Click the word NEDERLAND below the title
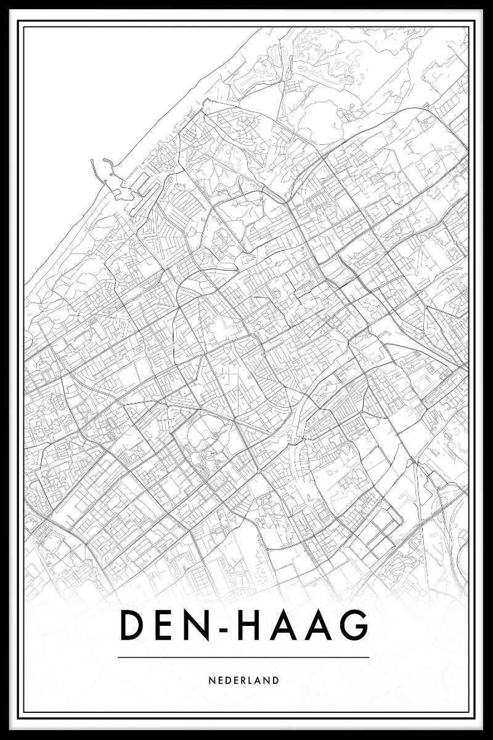click(x=244, y=681)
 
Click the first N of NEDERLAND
click(x=212, y=681)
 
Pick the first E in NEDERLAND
click(x=219, y=681)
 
